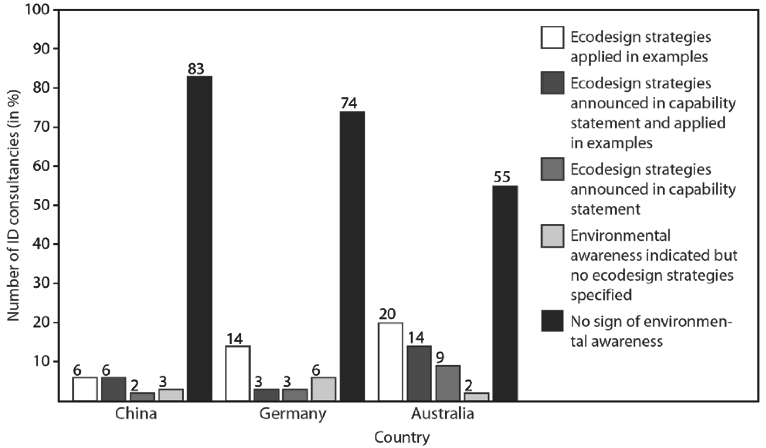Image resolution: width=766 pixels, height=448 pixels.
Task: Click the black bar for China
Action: [199, 239]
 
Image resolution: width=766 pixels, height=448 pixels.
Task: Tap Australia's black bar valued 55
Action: [505, 294]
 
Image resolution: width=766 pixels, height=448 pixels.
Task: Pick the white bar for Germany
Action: [238, 373]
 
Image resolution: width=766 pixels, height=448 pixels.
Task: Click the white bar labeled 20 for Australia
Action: [391, 362]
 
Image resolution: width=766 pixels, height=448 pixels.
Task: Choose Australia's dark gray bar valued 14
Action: [419, 373]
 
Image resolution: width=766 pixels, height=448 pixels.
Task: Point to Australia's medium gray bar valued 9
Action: [448, 383]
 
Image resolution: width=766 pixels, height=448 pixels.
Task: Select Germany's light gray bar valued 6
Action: [323, 389]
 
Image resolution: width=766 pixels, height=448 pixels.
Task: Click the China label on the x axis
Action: [136, 414]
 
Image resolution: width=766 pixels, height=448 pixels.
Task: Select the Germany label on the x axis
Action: [292, 414]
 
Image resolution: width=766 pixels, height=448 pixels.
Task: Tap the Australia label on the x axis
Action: [443, 414]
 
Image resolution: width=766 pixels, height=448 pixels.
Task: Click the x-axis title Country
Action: [402, 438]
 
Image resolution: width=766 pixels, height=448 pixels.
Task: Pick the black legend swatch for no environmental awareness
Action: [552, 321]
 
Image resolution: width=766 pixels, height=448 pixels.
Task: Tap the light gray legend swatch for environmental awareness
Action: [552, 236]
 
